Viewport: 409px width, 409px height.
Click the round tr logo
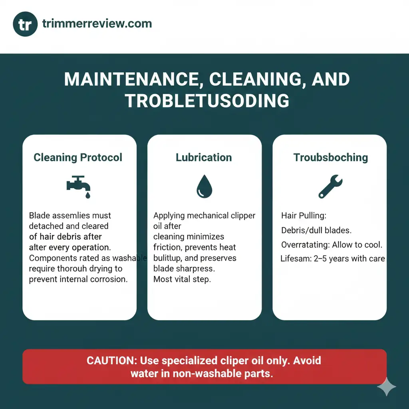point(25,25)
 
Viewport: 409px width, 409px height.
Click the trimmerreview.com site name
point(97,24)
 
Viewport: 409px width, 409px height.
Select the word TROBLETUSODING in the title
point(207,101)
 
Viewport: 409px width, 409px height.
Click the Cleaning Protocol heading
point(78,157)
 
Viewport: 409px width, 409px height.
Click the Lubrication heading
point(204,157)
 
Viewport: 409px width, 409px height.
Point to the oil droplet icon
point(204,187)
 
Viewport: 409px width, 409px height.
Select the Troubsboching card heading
point(331,157)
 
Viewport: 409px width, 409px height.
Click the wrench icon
point(330,187)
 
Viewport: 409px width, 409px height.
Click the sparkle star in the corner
point(387,387)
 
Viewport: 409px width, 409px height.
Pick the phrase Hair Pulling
point(304,216)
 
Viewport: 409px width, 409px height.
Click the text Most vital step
point(182,279)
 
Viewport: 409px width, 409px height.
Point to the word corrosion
point(109,279)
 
